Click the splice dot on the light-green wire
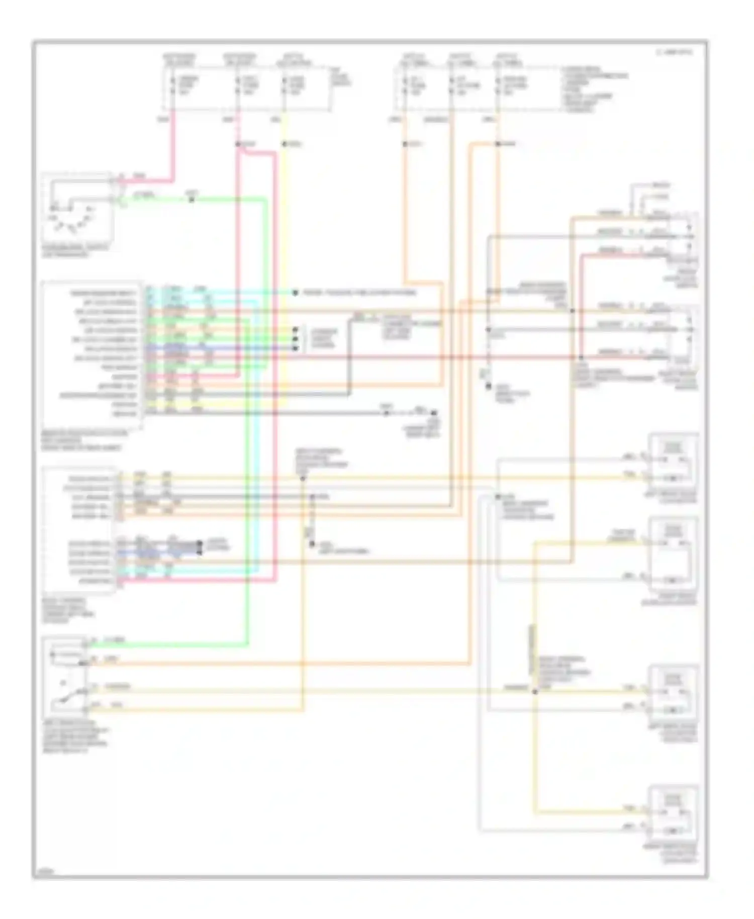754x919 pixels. (191, 199)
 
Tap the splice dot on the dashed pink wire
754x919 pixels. (237, 144)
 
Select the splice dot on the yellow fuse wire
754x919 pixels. (284, 144)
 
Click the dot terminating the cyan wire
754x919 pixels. (296, 293)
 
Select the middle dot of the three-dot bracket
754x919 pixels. (296, 339)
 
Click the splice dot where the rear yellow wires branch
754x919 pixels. (534, 692)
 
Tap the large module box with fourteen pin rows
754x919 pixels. (93, 354)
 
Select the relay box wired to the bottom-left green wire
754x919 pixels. (65, 676)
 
